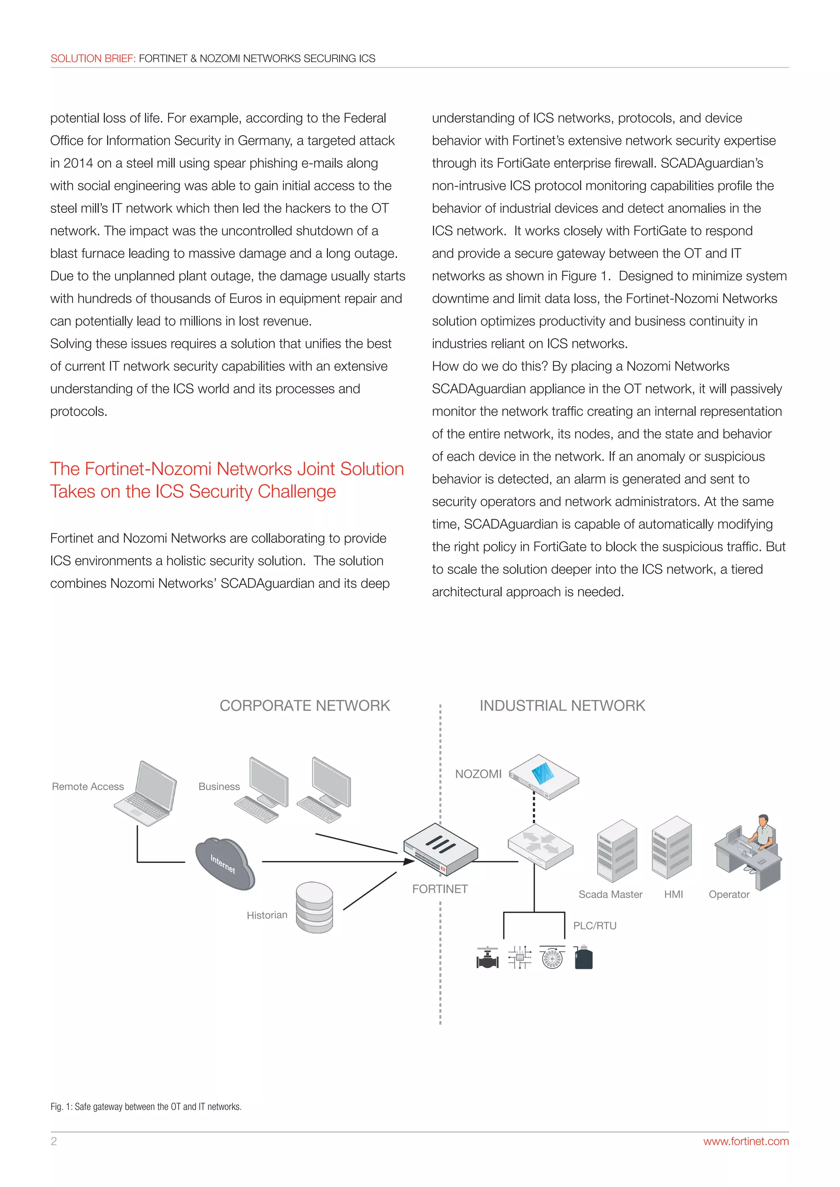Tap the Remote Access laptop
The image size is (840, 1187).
point(146,794)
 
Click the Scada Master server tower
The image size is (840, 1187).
point(616,850)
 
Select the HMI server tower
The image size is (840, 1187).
point(671,848)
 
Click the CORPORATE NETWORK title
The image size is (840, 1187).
point(305,706)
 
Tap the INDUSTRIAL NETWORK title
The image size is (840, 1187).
point(562,706)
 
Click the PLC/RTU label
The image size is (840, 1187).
point(595,925)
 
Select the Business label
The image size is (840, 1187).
point(219,786)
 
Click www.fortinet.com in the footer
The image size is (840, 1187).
point(745,1141)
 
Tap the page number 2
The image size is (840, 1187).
point(54,1141)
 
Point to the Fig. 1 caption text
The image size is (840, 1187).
point(146,1106)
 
